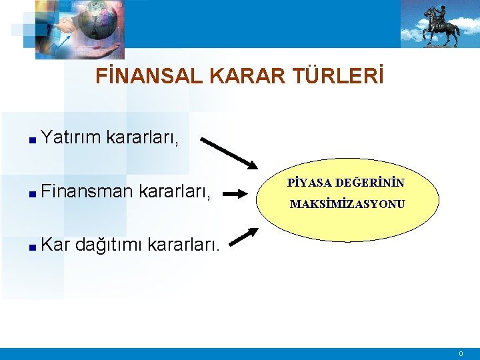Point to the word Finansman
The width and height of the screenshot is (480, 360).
[87, 193]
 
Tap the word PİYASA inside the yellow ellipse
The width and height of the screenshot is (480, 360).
[310, 182]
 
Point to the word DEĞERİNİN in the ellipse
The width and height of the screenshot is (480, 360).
[369, 182]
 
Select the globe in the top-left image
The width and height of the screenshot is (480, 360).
[98, 20]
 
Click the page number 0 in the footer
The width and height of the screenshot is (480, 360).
[460, 353]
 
